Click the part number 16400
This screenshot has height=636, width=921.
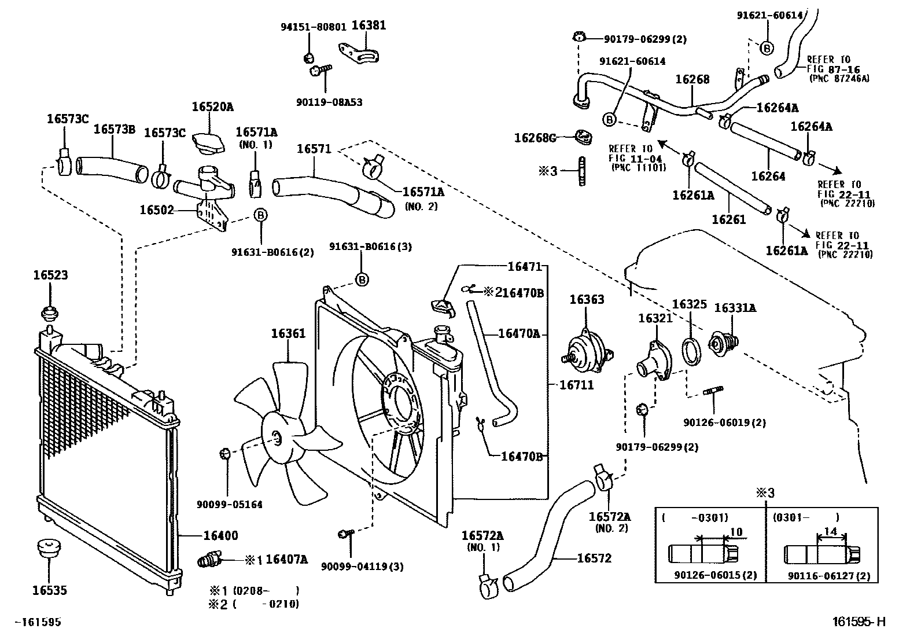221,536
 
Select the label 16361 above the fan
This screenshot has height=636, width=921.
288,333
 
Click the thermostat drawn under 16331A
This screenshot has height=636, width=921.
723,343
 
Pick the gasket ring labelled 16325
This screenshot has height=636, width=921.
691,352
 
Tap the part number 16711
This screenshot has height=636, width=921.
576,385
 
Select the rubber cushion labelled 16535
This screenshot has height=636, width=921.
48,549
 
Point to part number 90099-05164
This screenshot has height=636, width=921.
230,505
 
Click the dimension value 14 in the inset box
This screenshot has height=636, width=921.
831,531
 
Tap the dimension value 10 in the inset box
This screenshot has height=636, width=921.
736,532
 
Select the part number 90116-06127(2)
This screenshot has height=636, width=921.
829,576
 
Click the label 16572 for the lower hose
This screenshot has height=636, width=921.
594,558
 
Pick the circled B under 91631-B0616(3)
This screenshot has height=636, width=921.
362,280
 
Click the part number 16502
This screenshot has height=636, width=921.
157,210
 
